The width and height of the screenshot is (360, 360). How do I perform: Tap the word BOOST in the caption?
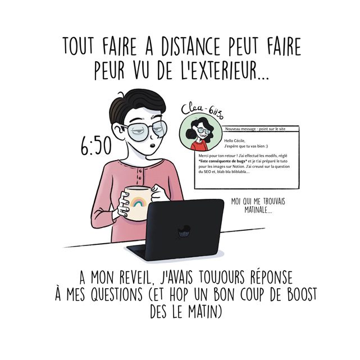[x=297, y=294]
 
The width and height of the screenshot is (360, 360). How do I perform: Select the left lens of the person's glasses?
[x=138, y=134]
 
